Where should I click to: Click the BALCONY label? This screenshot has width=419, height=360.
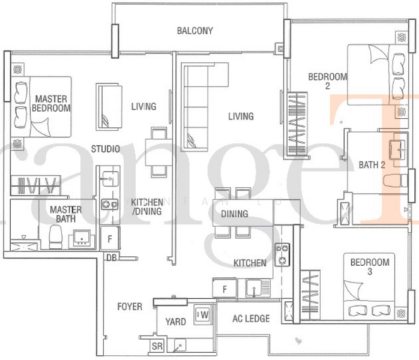[194, 31]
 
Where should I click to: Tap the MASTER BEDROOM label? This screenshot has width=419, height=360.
[51, 103]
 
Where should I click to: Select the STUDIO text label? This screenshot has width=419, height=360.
[105, 148]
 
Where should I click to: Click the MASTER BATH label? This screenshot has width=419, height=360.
[66, 215]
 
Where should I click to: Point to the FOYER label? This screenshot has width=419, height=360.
[130, 307]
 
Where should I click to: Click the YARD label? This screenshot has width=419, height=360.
[175, 322]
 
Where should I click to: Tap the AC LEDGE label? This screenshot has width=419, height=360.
[250, 319]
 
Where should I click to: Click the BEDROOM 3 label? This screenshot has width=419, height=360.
[369, 267]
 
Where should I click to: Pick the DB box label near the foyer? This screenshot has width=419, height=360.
[111, 257]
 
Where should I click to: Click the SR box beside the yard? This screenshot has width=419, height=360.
[157, 346]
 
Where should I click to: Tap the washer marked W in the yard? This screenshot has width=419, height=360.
[202, 314]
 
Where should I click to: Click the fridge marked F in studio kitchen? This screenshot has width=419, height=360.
[110, 238]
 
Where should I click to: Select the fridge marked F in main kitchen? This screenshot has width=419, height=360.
[224, 289]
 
